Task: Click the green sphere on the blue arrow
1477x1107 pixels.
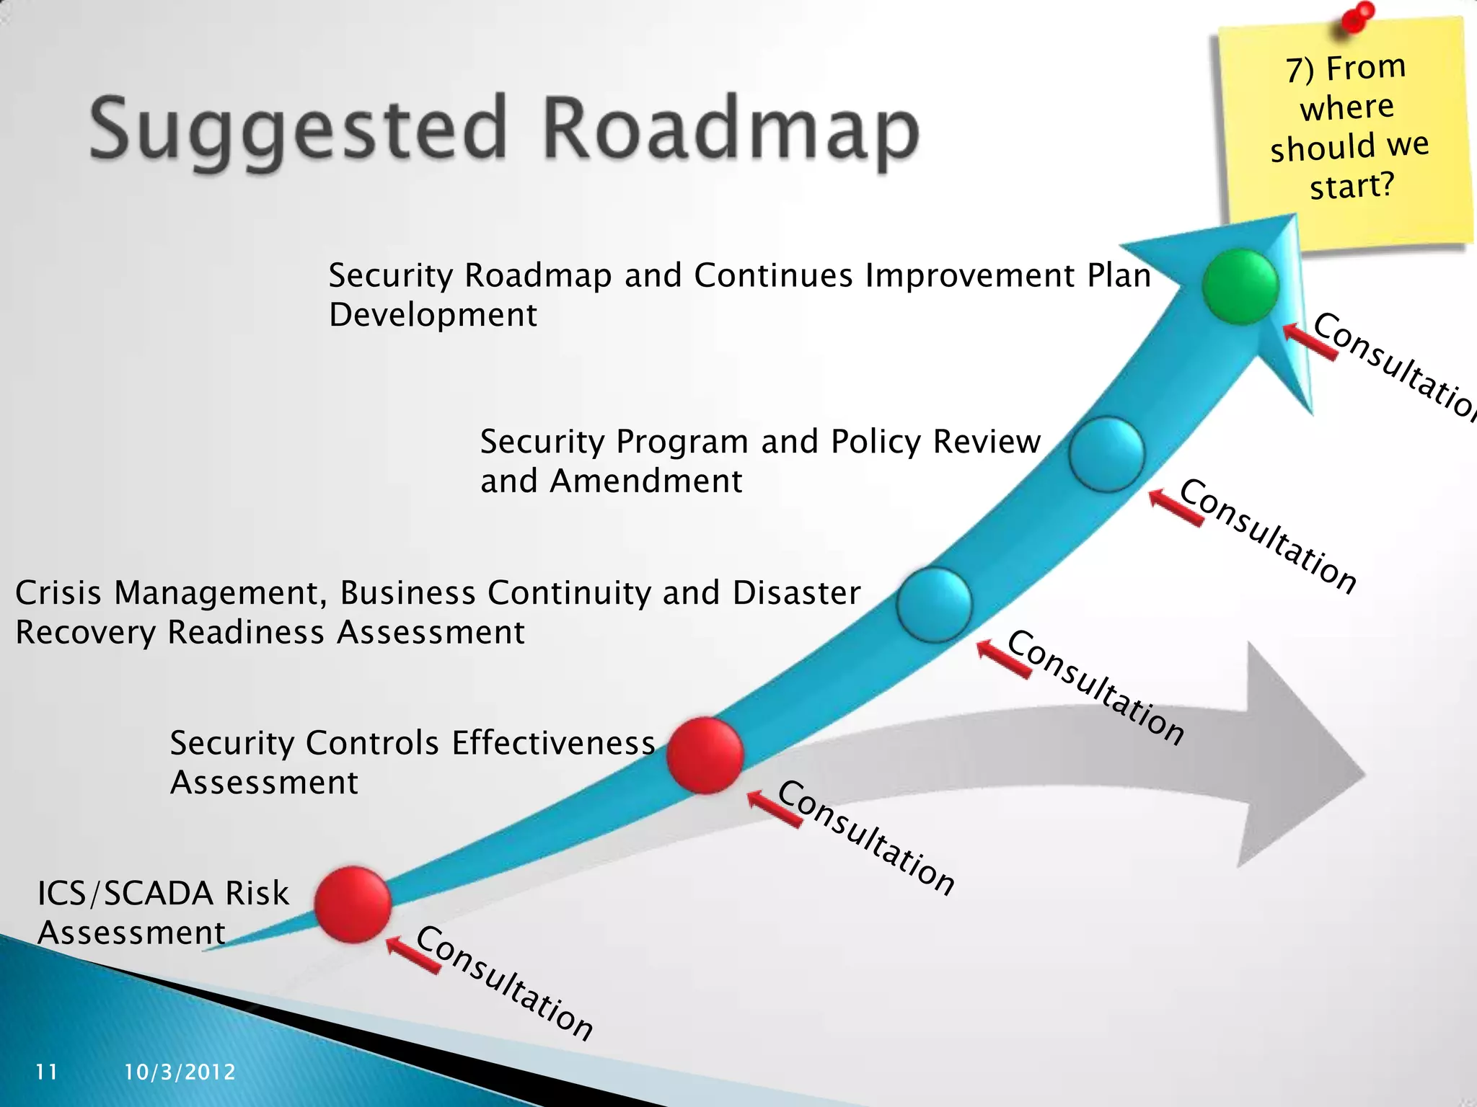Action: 1240,286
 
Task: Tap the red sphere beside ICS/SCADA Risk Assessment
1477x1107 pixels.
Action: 353,904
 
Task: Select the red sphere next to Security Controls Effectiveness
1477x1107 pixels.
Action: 705,755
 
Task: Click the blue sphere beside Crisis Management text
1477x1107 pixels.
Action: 935,605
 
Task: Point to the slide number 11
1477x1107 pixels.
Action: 47,1072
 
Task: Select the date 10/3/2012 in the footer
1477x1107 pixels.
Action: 180,1072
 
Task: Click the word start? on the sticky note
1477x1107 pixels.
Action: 1352,186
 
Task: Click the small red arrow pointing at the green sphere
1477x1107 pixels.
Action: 1309,341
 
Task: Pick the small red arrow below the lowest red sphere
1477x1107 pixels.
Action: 413,956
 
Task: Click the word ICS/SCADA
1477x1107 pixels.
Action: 125,894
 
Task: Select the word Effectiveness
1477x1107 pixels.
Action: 553,743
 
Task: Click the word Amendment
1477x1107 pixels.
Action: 645,481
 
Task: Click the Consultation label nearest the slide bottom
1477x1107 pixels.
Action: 505,983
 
